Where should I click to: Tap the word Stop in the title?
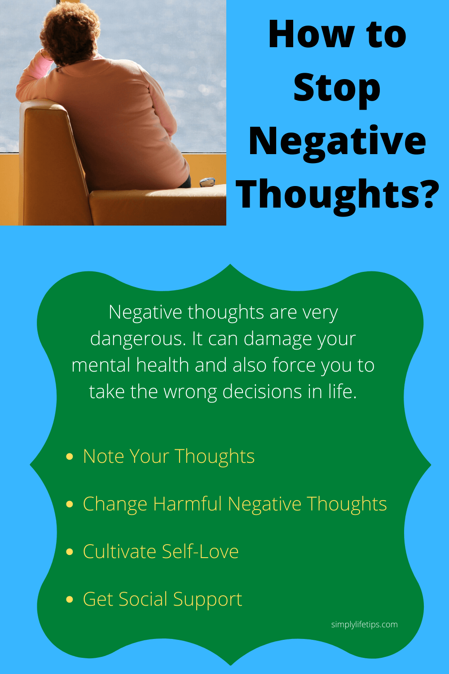(337, 89)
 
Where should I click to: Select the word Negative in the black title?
(337, 142)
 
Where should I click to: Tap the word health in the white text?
(163, 365)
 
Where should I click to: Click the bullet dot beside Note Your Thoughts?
(70, 457)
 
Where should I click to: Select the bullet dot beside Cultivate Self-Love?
(70, 551)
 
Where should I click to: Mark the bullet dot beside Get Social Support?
(70, 599)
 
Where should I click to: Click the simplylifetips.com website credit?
(365, 625)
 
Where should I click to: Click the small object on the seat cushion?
(207, 182)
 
